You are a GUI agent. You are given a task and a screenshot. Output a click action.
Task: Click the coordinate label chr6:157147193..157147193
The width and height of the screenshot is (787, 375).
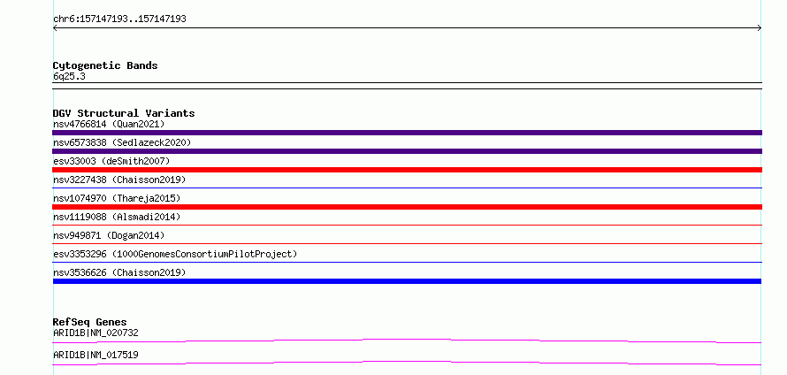click(x=119, y=19)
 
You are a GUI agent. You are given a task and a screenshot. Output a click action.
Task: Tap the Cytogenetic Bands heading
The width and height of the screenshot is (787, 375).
click(x=105, y=65)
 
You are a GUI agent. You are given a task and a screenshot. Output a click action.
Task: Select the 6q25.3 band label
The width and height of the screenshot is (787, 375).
click(x=69, y=76)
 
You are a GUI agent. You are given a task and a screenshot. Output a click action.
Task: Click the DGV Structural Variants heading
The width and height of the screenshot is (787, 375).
click(x=124, y=113)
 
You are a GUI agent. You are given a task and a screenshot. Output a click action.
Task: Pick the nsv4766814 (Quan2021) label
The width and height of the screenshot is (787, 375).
click(x=109, y=124)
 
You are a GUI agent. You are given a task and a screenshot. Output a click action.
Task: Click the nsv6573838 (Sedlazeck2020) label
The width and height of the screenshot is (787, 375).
click(x=122, y=142)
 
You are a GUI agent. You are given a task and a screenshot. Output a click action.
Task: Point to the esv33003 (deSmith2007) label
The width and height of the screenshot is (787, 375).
click(x=111, y=161)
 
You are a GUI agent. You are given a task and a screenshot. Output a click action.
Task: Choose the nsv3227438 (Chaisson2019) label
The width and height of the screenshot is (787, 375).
click(x=119, y=180)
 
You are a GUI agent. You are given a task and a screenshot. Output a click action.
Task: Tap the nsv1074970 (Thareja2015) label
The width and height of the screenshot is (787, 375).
click(x=117, y=198)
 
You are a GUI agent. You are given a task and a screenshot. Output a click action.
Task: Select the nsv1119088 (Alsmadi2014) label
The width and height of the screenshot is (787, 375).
click(x=117, y=217)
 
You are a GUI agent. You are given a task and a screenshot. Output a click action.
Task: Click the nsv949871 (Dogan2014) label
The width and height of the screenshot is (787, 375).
click(x=109, y=235)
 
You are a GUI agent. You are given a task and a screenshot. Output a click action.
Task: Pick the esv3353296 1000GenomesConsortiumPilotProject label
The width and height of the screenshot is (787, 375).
click(x=175, y=254)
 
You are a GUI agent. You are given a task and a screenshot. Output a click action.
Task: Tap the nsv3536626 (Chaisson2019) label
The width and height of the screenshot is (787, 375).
click(x=119, y=272)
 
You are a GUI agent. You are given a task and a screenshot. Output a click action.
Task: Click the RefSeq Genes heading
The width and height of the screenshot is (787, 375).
click(x=90, y=322)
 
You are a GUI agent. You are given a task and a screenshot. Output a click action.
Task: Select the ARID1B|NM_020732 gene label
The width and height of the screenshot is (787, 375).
click(x=96, y=333)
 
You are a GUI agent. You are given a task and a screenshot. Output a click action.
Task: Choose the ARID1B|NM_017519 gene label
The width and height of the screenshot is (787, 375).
click(x=96, y=355)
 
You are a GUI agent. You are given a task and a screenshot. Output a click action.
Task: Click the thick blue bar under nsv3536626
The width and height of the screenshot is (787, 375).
click(x=407, y=281)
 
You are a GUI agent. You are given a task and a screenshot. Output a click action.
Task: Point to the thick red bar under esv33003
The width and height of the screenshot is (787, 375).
click(x=407, y=170)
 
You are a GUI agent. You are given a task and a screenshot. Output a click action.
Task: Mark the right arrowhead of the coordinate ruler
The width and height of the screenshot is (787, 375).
click(x=760, y=28)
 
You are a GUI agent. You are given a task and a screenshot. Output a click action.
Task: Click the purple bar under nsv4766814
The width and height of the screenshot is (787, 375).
click(x=407, y=133)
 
